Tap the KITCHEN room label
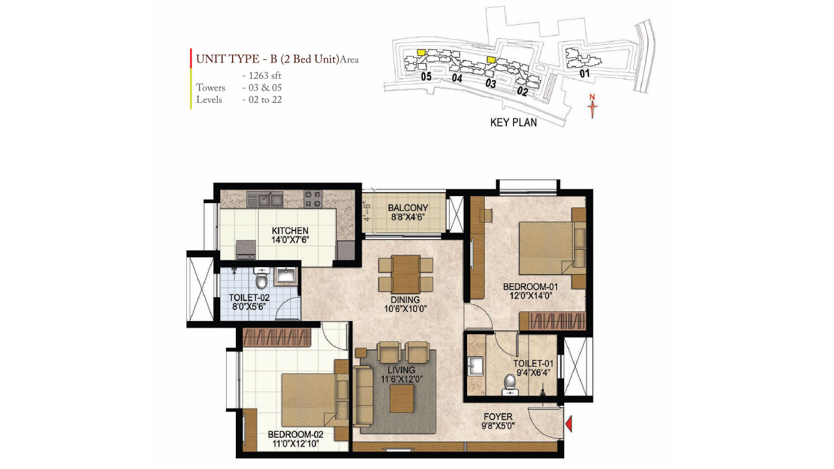pos(290,231)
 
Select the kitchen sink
pos(266,197)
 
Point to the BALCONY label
pos(407,208)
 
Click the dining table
pos(407,274)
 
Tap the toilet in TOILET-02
pos(261,279)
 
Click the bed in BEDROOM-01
pos(546,248)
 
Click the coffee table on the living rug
pos(402,398)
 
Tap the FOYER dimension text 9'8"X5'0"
pos(498,428)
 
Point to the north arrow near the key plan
pos(592,106)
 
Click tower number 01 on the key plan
pos(584,74)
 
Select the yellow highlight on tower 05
pos(422,51)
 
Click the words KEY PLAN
pos(513,122)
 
